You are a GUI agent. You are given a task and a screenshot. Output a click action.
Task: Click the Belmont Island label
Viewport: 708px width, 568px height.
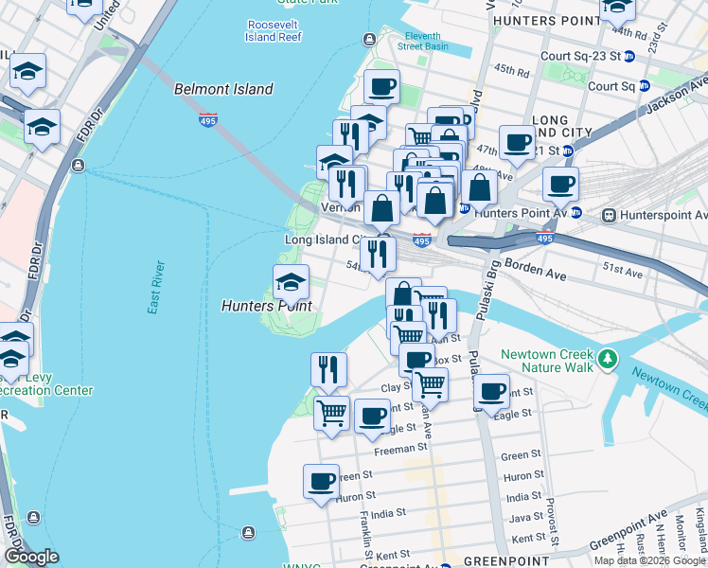(223, 90)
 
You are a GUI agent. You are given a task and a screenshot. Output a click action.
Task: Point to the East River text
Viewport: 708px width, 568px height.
(156, 287)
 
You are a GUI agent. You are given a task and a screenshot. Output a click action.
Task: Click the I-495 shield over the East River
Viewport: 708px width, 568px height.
(208, 119)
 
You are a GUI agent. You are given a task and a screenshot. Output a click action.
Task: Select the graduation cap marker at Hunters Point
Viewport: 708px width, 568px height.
(291, 281)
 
